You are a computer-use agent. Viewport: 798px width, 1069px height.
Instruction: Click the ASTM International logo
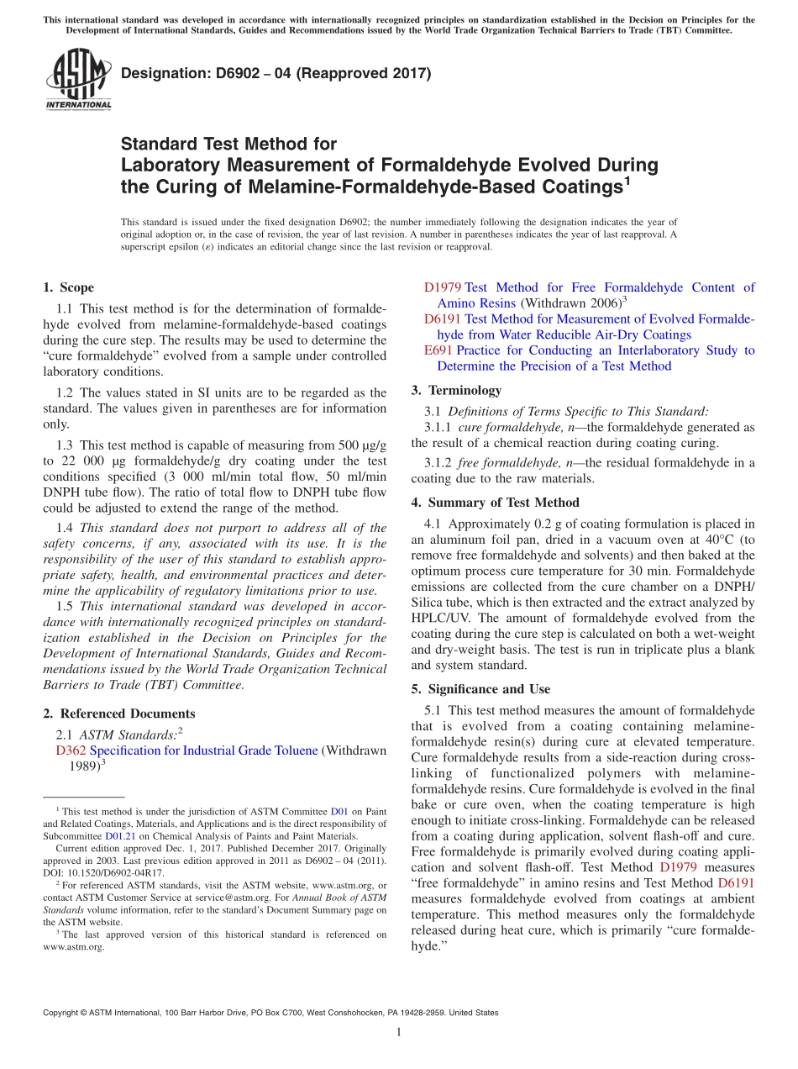77,80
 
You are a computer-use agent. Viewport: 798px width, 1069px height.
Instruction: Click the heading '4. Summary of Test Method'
495,503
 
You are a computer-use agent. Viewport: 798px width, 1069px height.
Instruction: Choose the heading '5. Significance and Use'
480,689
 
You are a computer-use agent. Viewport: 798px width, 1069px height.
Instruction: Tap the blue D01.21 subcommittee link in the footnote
119,836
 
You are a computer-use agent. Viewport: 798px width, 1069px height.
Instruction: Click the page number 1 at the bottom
399,1033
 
